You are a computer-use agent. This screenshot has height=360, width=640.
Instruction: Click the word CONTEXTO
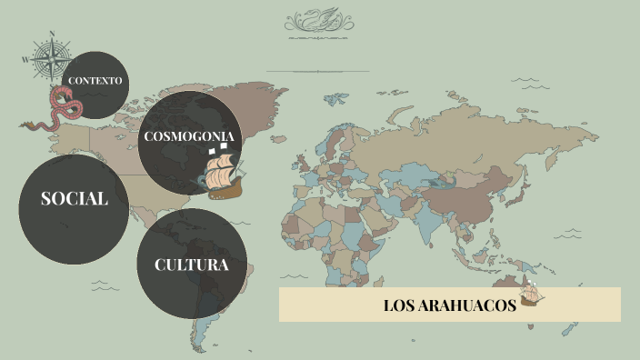[95, 80]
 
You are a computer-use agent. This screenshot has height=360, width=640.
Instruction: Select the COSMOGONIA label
[190, 136]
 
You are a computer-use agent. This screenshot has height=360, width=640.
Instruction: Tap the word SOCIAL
[74, 199]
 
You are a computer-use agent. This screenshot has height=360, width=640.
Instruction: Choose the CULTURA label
[191, 265]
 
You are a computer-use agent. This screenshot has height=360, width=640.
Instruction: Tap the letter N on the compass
[53, 35]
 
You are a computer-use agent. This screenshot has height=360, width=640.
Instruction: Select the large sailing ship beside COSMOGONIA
[224, 175]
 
